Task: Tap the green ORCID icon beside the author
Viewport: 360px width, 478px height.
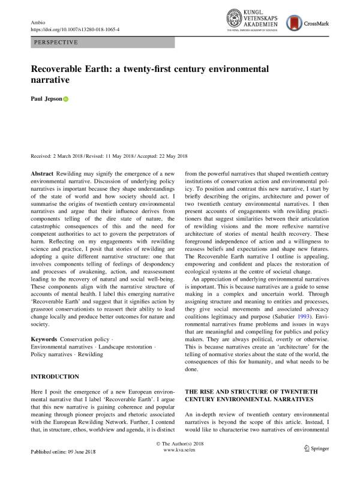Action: (66, 100)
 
